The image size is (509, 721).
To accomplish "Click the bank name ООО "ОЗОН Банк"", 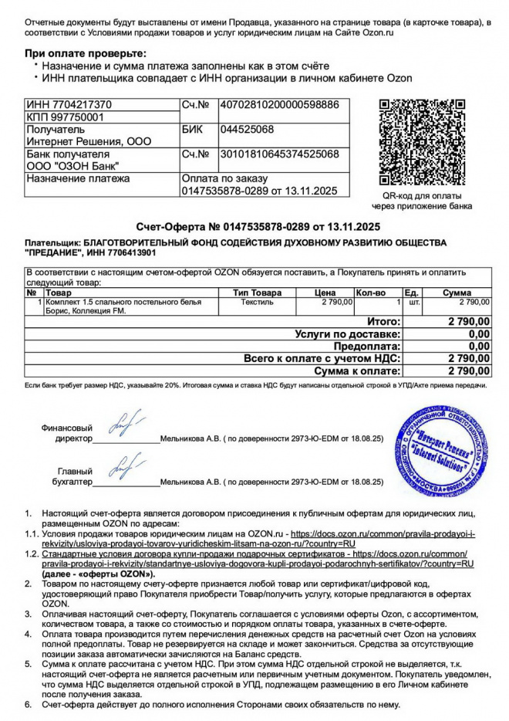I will tap(73, 166).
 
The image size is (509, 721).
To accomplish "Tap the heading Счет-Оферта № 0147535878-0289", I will tap(259, 227).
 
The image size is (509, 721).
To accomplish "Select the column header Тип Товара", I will tap(257, 293).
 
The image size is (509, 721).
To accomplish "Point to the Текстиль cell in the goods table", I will tap(257, 302).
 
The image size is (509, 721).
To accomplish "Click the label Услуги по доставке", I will tap(347, 334).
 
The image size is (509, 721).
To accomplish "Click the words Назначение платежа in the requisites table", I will tap(79, 178).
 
